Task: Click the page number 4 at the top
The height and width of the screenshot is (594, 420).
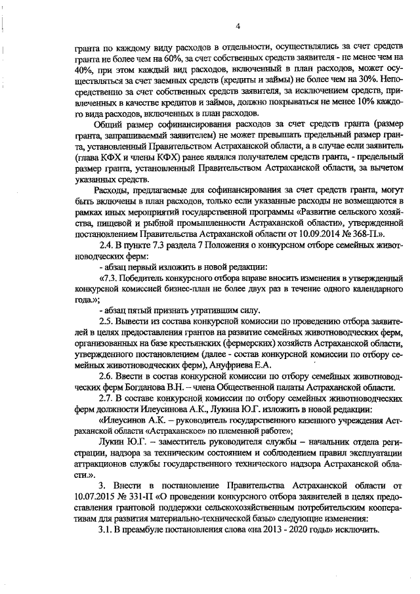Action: coord(239,26)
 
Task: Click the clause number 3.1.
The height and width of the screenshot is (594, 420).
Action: coord(106,530)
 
